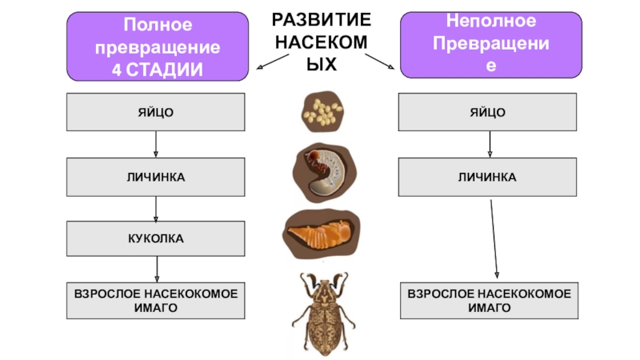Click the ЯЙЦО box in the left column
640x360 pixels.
(155, 112)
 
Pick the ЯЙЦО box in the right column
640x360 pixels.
(486, 112)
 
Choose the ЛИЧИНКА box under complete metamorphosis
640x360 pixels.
(155, 176)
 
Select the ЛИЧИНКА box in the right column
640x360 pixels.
(486, 176)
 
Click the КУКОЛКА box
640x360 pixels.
(155, 238)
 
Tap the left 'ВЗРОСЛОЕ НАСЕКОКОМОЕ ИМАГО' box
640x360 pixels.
(155, 301)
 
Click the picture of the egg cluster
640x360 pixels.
(322, 111)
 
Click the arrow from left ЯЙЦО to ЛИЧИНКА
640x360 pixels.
(155, 145)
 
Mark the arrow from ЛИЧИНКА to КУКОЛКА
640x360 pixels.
(155, 208)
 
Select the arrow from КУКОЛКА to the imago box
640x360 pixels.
(156, 270)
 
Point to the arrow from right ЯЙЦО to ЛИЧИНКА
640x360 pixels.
(486, 145)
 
